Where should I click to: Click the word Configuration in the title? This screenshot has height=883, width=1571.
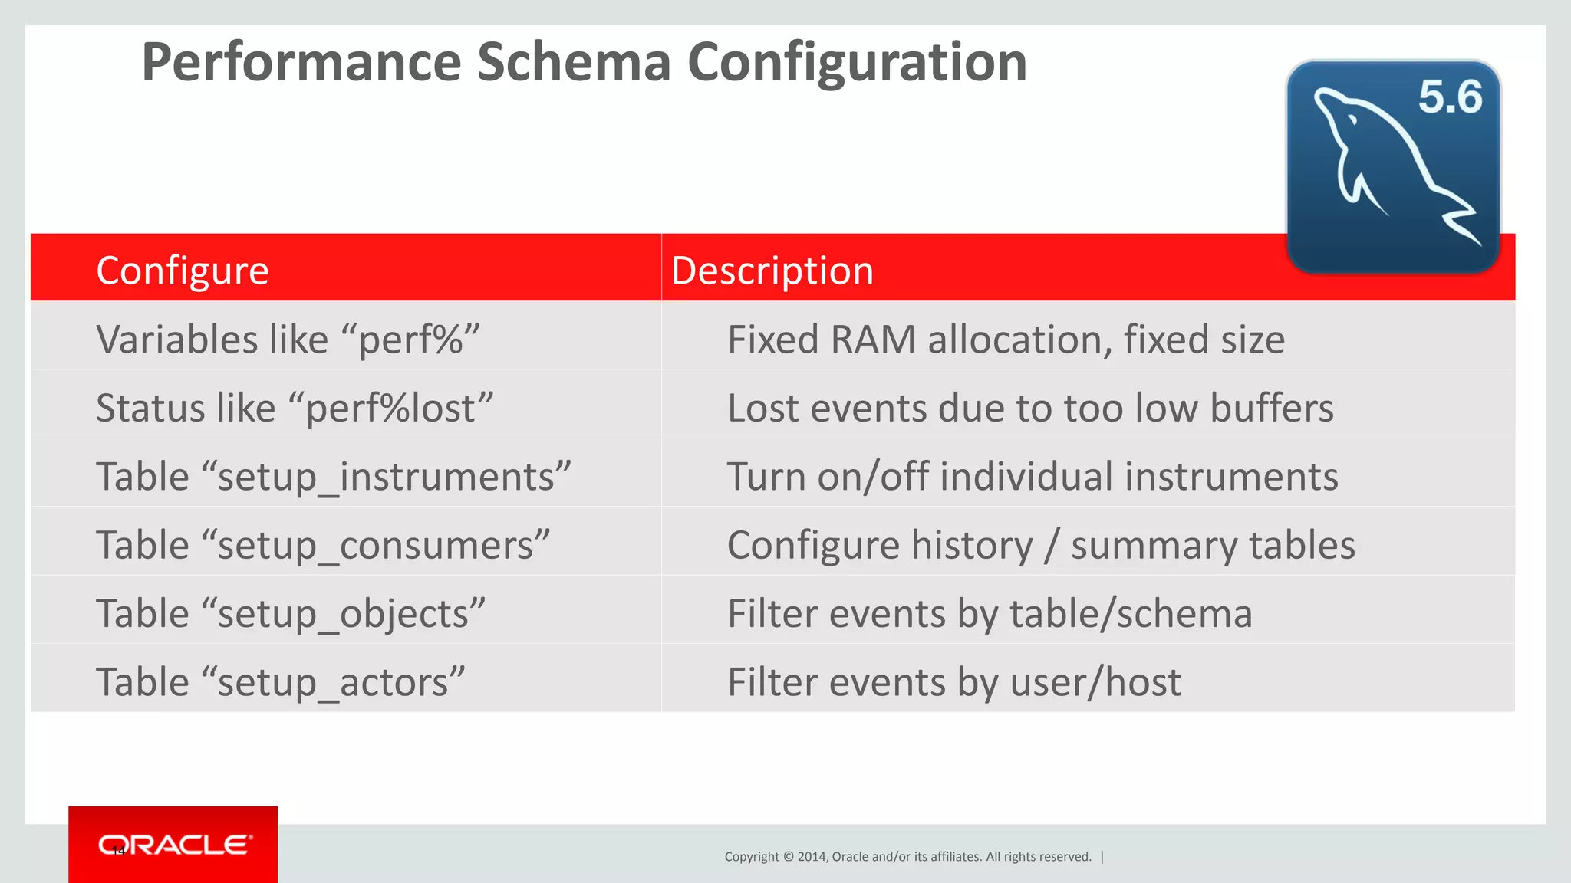857,63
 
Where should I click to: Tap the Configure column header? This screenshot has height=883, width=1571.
183,271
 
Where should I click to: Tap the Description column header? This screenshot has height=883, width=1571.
772,271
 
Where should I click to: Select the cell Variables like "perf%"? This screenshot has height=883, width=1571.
288,339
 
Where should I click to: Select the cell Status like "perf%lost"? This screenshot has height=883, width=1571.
295,407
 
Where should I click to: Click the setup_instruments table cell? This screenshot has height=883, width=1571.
334,476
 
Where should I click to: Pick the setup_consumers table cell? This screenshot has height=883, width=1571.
323,545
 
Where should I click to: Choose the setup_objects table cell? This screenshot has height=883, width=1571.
291,613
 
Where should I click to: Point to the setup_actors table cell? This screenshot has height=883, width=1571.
281,681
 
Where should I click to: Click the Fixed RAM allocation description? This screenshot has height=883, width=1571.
1006,339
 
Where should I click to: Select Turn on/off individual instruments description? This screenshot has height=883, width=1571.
1032,476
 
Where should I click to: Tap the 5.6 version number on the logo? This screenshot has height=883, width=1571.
1450,97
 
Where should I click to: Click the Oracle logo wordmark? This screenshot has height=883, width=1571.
175,845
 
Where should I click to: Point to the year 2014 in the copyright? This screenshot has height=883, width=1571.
811,857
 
